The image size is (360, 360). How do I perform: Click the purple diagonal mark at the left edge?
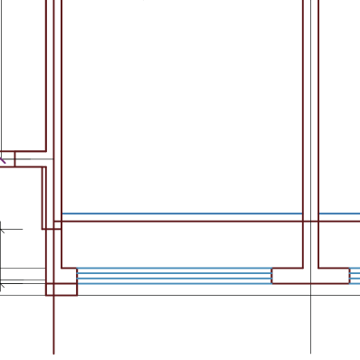(3, 160)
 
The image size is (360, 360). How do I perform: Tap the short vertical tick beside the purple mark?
(14, 159)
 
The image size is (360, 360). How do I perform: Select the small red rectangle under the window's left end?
(62, 289)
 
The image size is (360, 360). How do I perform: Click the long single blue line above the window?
(181, 214)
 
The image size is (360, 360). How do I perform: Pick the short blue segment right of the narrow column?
(339, 214)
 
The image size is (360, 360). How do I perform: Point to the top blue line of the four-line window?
(174, 269)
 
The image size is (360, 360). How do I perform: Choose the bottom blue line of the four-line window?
(174, 284)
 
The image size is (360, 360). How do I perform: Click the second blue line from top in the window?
(174, 273)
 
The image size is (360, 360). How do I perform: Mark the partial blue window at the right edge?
(355, 276)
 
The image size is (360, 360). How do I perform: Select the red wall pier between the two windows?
(310, 276)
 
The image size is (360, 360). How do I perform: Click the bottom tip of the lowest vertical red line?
(53, 353)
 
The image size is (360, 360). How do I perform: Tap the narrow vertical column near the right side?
(310, 109)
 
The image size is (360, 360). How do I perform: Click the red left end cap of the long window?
(77, 276)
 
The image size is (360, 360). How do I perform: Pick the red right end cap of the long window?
(272, 276)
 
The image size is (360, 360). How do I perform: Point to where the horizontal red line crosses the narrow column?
(310, 220)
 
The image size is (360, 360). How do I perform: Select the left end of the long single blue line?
(62, 214)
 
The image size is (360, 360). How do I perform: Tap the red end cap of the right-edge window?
(349, 276)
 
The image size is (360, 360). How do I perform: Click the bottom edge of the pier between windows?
(310, 284)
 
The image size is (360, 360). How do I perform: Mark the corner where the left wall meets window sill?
(62, 269)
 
